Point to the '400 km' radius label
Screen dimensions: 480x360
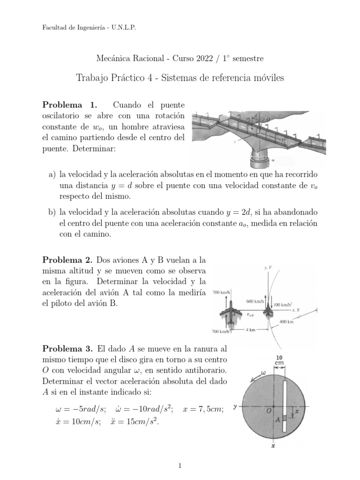tap(286, 322)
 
